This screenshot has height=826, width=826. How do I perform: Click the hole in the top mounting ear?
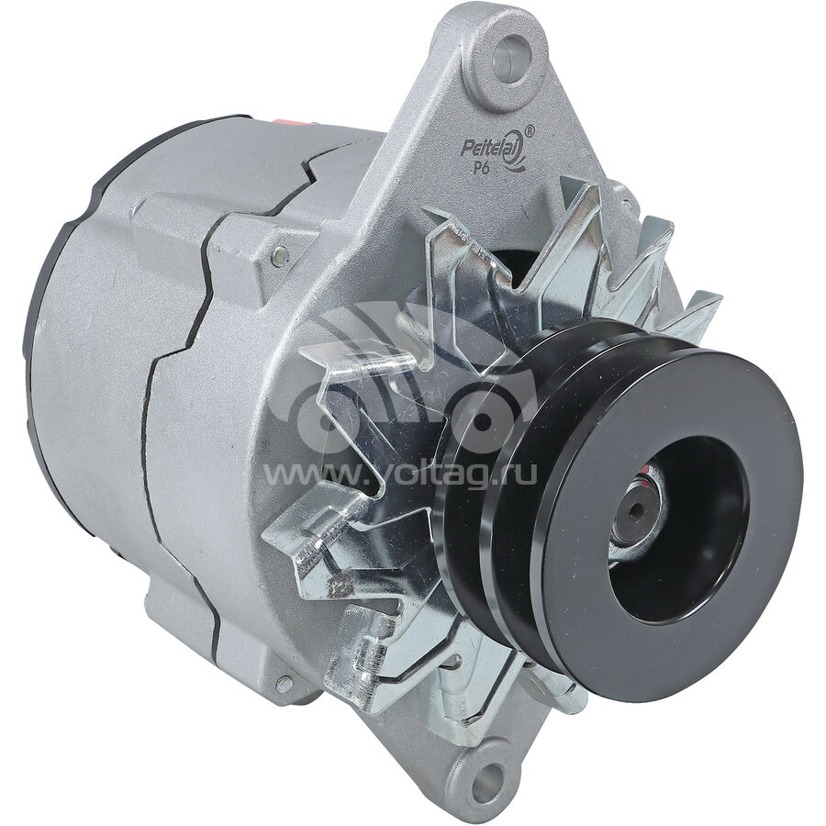[508, 58]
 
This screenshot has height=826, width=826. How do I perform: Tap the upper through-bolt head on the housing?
[280, 256]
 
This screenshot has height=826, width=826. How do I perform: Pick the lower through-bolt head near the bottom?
[284, 685]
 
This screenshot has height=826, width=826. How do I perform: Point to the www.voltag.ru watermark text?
[399, 474]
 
